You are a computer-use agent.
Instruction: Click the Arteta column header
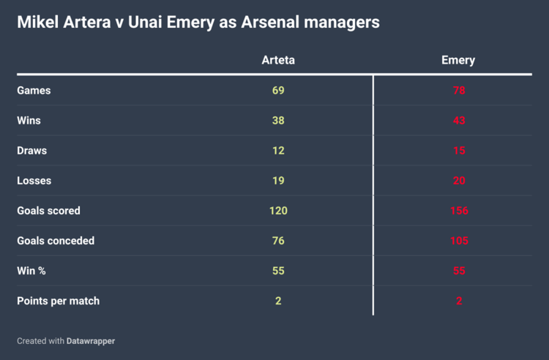click(x=278, y=60)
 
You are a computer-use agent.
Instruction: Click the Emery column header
click(x=458, y=60)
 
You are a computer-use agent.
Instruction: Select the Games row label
click(x=34, y=91)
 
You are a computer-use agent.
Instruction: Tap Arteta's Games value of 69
click(x=278, y=91)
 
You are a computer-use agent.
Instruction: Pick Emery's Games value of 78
click(x=459, y=91)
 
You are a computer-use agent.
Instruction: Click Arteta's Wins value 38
click(x=278, y=121)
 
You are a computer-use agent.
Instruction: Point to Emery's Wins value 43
click(x=459, y=121)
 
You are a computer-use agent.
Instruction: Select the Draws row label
click(x=32, y=151)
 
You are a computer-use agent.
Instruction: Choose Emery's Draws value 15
click(x=459, y=151)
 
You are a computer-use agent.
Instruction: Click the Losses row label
click(x=34, y=181)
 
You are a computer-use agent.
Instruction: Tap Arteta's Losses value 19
click(x=278, y=181)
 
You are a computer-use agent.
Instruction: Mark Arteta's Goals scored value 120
click(x=278, y=211)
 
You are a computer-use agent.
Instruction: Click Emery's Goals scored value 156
click(x=459, y=211)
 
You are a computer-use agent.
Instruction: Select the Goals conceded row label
click(x=56, y=241)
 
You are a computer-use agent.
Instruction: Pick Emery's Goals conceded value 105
click(x=459, y=241)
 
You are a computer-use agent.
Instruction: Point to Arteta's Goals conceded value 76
click(x=278, y=241)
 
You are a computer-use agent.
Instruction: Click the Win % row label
click(x=33, y=271)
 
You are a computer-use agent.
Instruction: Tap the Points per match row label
click(x=58, y=301)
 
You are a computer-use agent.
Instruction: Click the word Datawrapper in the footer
click(x=91, y=341)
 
